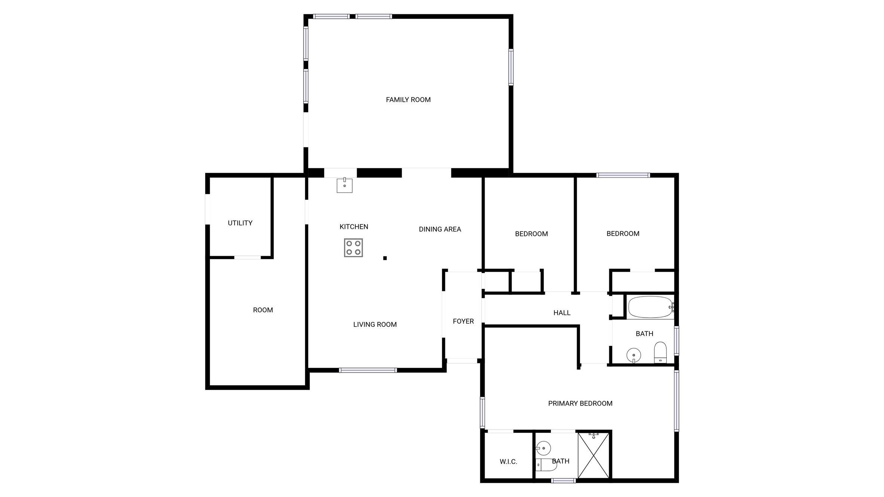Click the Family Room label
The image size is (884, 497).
click(x=408, y=100)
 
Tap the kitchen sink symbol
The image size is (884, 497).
click(x=344, y=185)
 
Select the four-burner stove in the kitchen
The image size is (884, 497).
click(x=353, y=248)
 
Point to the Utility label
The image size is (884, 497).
click(x=240, y=223)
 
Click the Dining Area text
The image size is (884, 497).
click(x=440, y=229)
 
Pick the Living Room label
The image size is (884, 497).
click(x=375, y=325)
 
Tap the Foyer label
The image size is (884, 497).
click(x=463, y=321)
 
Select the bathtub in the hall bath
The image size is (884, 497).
click(x=650, y=307)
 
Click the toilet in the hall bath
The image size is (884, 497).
click(x=660, y=352)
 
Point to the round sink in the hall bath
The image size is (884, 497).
click(x=633, y=355)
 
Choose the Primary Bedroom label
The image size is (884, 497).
click(x=580, y=404)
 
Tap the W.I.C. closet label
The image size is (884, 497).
click(x=508, y=462)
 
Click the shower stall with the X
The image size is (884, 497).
click(x=593, y=455)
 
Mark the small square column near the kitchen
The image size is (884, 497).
click(x=385, y=258)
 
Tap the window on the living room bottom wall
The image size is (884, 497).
click(x=368, y=370)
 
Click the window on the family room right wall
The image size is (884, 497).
click(x=511, y=67)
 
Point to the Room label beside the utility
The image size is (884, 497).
click(x=263, y=310)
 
